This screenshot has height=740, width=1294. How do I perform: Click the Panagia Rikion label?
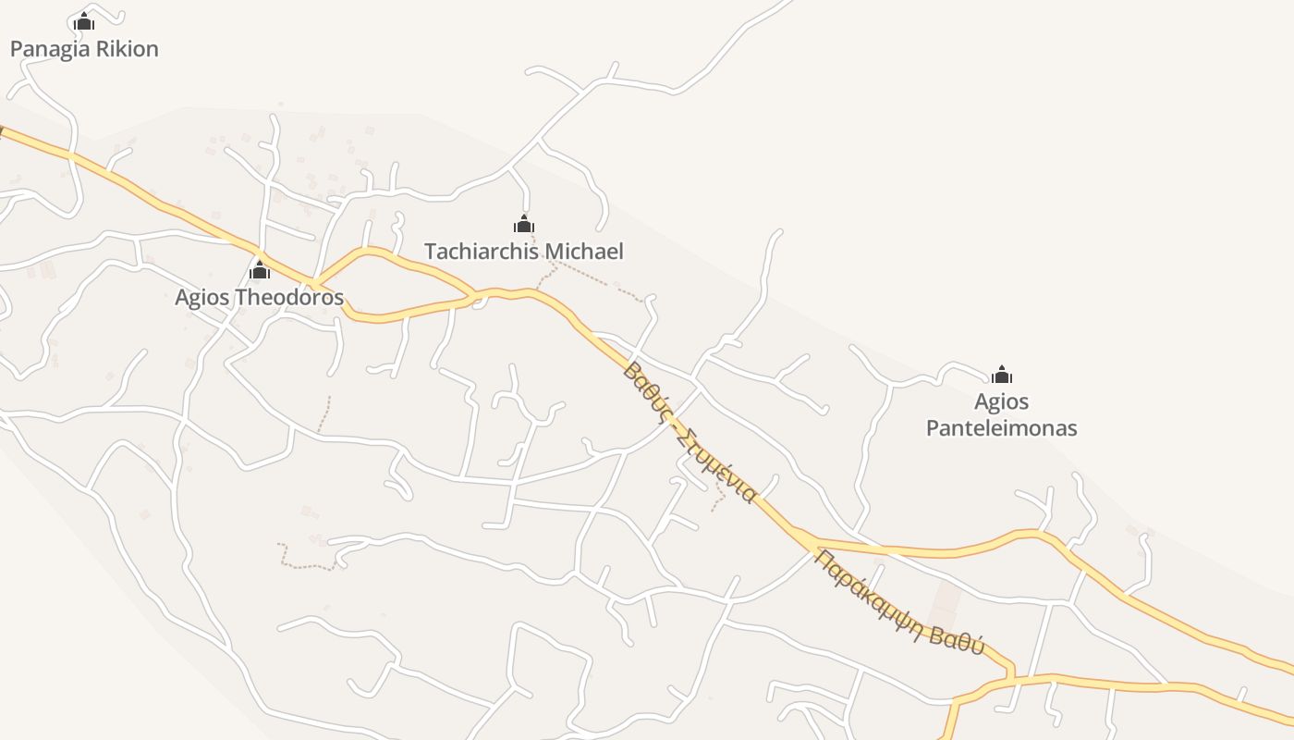click(84, 49)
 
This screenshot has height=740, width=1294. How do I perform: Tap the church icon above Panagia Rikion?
click(84, 21)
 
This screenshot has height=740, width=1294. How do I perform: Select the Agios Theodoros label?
click(259, 298)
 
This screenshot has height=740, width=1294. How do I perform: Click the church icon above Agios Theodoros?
click(260, 270)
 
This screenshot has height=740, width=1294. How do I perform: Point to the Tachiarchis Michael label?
click(523, 252)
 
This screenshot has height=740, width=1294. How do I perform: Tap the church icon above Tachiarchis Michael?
click(524, 224)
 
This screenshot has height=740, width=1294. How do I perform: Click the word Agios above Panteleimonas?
click(1001, 402)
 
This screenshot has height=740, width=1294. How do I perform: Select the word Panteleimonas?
click(1001, 428)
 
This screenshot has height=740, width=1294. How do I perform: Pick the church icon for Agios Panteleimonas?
click(1001, 375)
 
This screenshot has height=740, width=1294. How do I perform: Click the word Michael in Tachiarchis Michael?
click(584, 252)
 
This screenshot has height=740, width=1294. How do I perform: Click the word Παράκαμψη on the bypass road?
click(868, 585)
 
